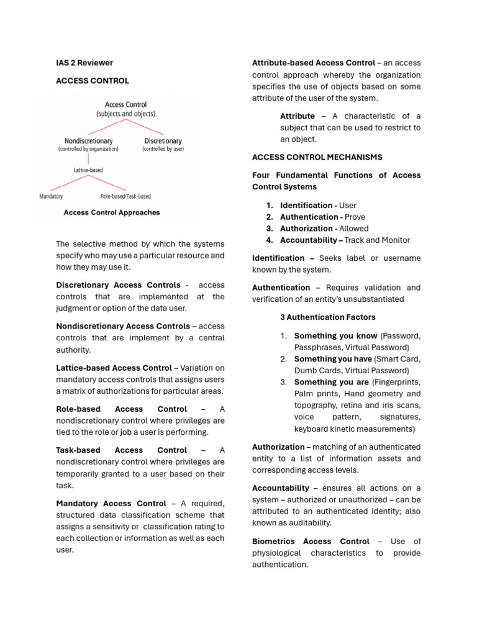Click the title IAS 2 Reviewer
[84, 63]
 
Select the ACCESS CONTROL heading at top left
[93, 81]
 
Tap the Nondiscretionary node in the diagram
[88, 141]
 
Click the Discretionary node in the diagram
[163, 141]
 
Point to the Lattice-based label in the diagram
[88, 170]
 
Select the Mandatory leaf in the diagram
[51, 196]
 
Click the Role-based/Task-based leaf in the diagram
[125, 196]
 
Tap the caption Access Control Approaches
[112, 212]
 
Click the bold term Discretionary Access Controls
[118, 285]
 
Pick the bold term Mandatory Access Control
[111, 504]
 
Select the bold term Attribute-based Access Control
[314, 63]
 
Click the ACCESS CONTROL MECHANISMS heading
[317, 158]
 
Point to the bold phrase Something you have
[333, 359]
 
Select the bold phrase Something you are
[331, 382]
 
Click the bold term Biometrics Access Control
[311, 542]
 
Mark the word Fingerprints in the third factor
[399, 382]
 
